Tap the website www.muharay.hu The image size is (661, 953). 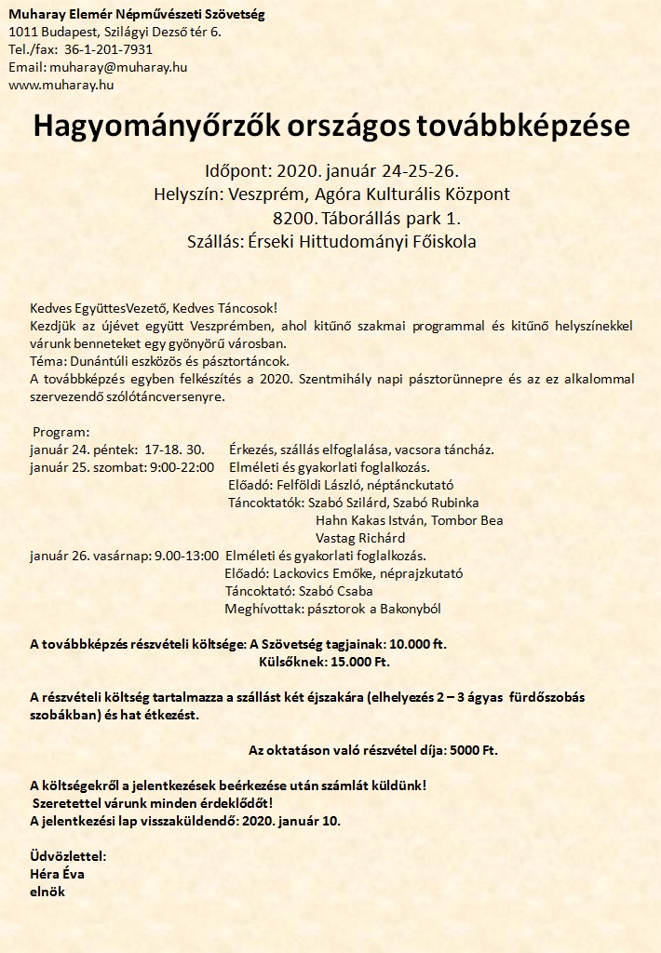coord(61,84)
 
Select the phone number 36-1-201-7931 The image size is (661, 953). coord(109,49)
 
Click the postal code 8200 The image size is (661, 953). coord(291,219)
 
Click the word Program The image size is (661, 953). coord(61,433)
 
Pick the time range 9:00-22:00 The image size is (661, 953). coord(182,467)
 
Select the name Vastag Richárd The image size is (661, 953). coord(360,538)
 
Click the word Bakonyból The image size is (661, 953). coord(406,609)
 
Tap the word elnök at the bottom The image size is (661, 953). coord(48,892)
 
